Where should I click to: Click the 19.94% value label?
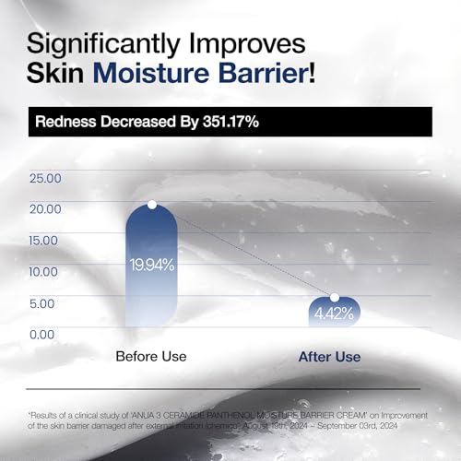tap(151, 265)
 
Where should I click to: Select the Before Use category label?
tap(151, 356)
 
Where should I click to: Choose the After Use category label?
tap(329, 356)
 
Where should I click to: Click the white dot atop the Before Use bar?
tap(152, 205)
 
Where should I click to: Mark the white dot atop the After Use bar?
tap(335, 298)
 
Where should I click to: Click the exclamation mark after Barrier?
tap(311, 73)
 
